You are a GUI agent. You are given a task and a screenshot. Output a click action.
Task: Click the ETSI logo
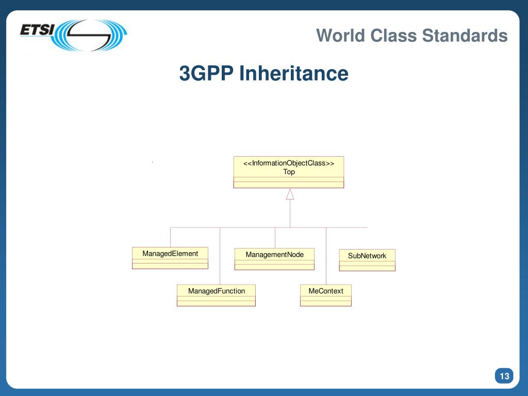point(73,35)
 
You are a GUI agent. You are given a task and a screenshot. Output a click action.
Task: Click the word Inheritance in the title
point(293,73)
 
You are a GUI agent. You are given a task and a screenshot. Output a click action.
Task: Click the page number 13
point(504,376)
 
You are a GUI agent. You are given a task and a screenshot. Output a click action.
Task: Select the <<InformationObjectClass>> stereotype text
point(289,163)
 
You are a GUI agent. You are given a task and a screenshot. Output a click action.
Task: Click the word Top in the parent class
point(289,172)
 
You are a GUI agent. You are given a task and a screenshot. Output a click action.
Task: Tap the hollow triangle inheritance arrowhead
point(290,194)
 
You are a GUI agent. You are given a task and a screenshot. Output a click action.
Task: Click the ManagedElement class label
point(170,254)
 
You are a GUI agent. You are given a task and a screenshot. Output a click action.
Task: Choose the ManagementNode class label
point(274,255)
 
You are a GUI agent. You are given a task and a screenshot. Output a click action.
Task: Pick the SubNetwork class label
point(367,256)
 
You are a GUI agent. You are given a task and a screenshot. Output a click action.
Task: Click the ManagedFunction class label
point(217,291)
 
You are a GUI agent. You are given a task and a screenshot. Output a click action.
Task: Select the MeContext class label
point(326,291)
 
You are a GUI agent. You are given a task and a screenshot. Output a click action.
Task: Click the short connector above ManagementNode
point(275,237)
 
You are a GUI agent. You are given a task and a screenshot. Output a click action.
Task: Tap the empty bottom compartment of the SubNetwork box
point(367,268)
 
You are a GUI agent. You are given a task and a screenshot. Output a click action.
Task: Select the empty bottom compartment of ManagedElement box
point(170,266)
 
